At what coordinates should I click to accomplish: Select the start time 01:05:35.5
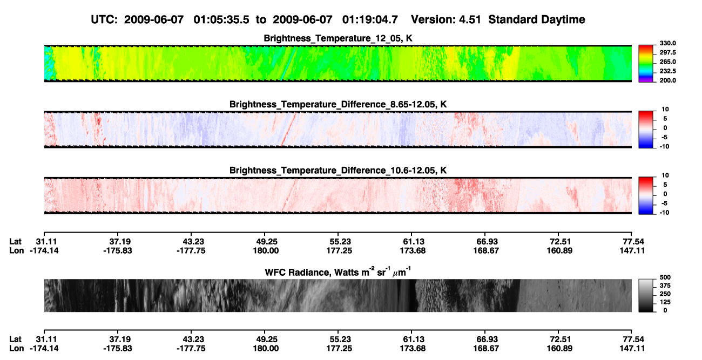click(x=221, y=19)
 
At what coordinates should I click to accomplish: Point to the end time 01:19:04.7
click(x=370, y=19)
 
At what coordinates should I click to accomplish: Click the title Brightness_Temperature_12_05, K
click(x=338, y=38)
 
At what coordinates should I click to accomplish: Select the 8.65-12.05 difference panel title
click(x=338, y=104)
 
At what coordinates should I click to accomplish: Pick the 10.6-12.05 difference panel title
click(x=338, y=171)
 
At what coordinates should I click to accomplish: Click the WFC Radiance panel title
click(x=338, y=272)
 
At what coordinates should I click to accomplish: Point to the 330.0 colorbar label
click(x=667, y=43)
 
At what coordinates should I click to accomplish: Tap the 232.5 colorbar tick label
click(x=667, y=71)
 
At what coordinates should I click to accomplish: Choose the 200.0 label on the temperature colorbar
click(x=667, y=80)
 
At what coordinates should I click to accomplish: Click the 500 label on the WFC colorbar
click(x=665, y=277)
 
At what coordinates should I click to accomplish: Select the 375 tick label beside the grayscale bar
click(x=665, y=286)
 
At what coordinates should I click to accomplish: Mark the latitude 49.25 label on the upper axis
click(x=266, y=242)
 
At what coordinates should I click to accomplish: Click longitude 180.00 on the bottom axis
click(x=266, y=349)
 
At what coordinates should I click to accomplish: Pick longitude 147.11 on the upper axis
click(x=632, y=250)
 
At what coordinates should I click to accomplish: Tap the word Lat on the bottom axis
click(x=15, y=339)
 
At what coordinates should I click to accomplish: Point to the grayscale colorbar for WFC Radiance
click(x=646, y=295)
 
